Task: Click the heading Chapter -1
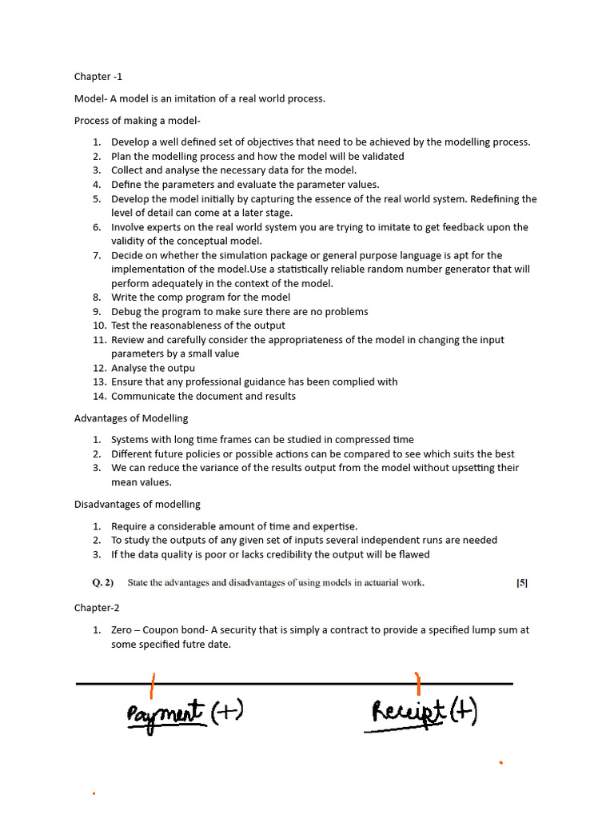click(x=98, y=77)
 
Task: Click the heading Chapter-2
click(x=98, y=608)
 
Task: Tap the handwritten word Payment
click(x=165, y=714)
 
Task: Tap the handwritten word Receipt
click(x=406, y=712)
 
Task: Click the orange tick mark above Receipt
click(x=417, y=682)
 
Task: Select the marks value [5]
click(x=521, y=583)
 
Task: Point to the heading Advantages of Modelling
click(x=131, y=418)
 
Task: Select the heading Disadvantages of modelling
click(x=138, y=505)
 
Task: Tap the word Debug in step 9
click(x=127, y=312)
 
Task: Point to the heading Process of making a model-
click(x=138, y=121)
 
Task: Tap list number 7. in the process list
click(x=96, y=256)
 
